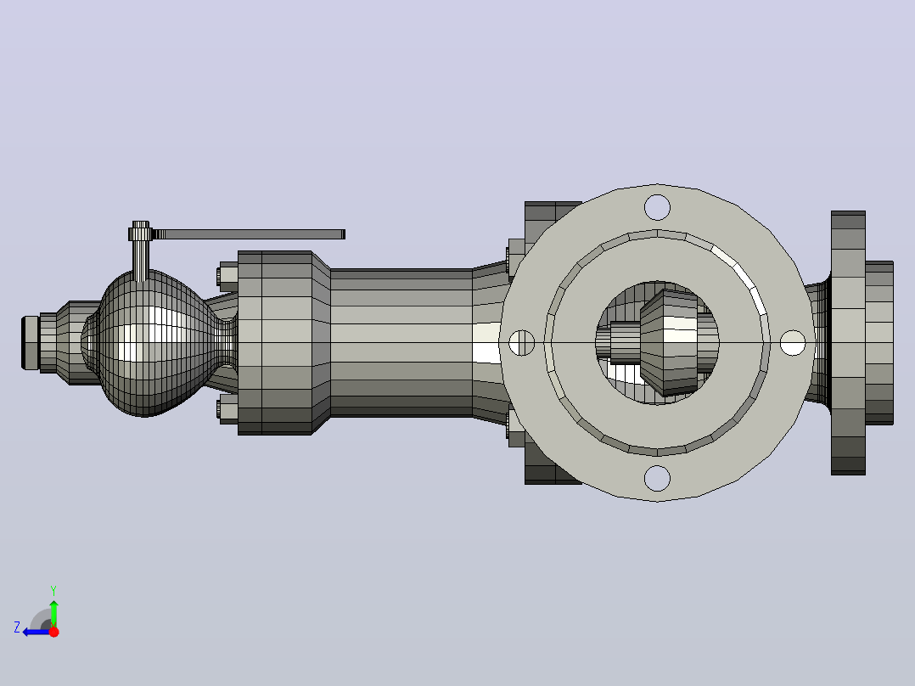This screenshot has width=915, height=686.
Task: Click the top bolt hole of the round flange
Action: (657, 208)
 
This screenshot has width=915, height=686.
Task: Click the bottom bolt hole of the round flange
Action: (657, 478)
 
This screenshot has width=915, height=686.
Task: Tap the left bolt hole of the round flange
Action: (522, 343)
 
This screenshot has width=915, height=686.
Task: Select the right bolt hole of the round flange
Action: (793, 343)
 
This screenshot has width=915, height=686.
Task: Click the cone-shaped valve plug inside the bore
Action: (669, 343)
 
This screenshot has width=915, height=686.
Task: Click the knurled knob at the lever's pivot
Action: (141, 233)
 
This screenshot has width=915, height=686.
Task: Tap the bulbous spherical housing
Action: (152, 343)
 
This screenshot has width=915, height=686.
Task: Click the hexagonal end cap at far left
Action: (31, 343)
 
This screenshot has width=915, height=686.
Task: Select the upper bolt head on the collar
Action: (228, 276)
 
